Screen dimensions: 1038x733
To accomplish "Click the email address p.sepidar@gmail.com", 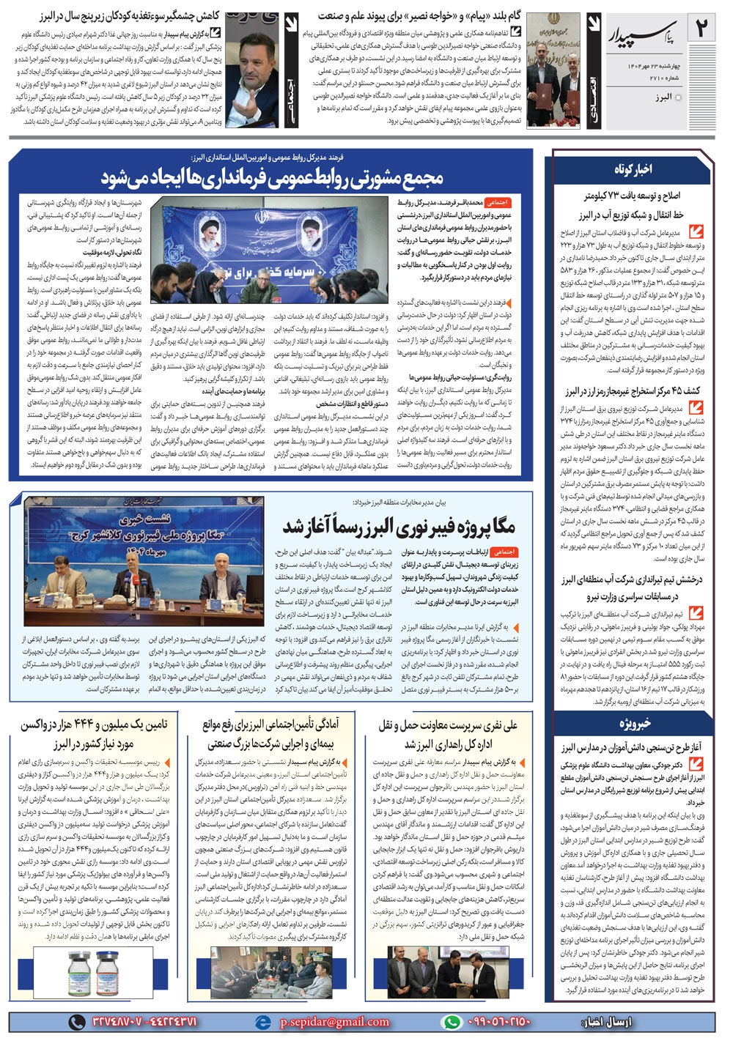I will pos(334,1021).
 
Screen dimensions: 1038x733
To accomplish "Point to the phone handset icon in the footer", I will pos(75,1021).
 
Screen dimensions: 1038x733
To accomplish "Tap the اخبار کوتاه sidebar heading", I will pos(633,169).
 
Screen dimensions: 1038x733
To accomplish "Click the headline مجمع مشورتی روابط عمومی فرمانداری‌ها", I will pos(272,177).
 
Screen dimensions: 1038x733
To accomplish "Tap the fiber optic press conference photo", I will pos(144,560).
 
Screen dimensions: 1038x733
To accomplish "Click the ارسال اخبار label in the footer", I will pos(605,1021).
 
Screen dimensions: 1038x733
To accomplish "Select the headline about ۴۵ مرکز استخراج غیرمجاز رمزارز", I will pos(633,391).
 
